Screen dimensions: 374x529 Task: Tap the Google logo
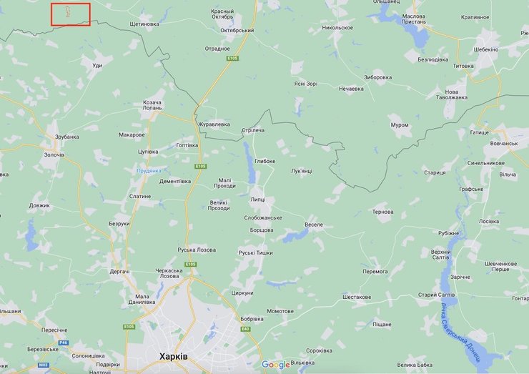click(276, 365)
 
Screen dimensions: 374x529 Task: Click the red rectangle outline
click(71, 14)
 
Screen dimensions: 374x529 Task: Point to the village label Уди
click(97, 65)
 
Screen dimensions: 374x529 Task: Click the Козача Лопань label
click(152, 107)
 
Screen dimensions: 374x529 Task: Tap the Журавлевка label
click(214, 124)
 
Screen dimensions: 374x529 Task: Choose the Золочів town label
click(54, 154)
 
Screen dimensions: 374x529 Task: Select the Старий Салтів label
click(437, 295)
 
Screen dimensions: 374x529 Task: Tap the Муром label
click(400, 125)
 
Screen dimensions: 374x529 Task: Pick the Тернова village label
click(382, 212)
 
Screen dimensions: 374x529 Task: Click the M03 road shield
click(44, 365)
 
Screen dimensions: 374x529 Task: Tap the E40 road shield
click(245, 328)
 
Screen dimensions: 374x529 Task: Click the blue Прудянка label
click(149, 171)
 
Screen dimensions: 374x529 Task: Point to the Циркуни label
click(242, 292)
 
